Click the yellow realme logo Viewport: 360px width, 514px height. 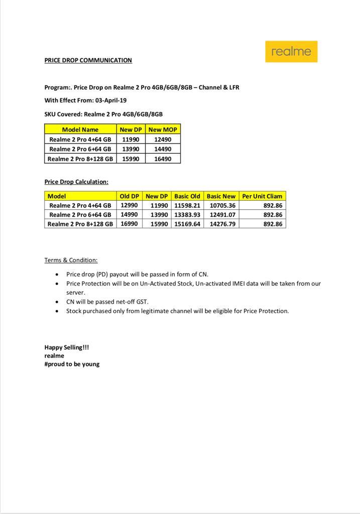[291, 52]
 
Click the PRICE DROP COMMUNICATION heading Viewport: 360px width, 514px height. [88, 60]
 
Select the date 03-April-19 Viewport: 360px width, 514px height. [111, 100]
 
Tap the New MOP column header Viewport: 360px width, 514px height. [163, 130]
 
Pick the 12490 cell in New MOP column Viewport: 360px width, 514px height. [163, 139]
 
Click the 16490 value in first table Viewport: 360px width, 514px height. [163, 159]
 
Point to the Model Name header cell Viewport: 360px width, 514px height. [80, 130]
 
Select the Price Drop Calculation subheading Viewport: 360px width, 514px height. [76, 182]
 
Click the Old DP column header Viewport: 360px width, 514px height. [130, 196]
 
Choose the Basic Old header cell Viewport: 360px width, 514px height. [187, 196]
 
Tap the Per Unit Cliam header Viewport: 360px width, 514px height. [262, 196]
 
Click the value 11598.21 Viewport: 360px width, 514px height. [187, 205]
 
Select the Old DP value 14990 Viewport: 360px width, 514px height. [130, 214]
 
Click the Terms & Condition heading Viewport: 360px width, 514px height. [71, 260]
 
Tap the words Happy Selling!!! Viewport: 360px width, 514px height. [66, 347]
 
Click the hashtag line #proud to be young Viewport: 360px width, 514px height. [72, 364]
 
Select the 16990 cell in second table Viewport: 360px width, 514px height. [130, 223]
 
